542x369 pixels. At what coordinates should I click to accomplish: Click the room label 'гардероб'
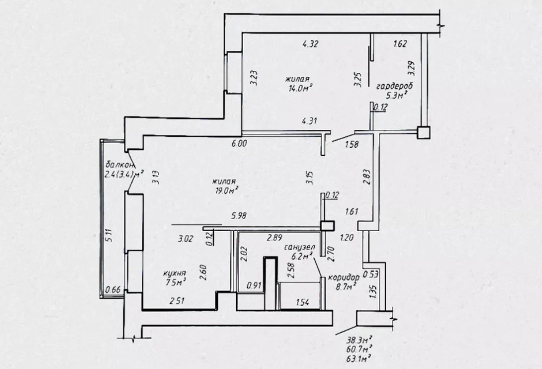click(394, 86)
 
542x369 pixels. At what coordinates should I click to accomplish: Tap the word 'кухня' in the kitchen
click(174, 273)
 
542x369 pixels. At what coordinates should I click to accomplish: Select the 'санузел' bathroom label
click(299, 248)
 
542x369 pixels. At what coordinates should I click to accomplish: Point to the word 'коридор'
click(344, 278)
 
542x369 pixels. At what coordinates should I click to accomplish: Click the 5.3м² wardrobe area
click(395, 95)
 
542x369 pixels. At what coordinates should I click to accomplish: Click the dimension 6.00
click(239, 143)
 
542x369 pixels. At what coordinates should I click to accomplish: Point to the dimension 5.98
click(239, 216)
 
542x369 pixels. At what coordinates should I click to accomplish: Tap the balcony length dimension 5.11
click(109, 236)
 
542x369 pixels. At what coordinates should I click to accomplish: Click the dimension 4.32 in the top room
click(310, 44)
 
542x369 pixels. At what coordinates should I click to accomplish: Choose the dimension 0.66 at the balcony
click(114, 289)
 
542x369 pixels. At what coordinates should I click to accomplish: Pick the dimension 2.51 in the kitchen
click(177, 301)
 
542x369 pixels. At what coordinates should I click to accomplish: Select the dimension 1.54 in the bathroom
click(302, 302)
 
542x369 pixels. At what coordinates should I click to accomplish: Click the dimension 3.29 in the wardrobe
click(411, 69)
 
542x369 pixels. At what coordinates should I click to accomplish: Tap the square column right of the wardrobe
click(423, 133)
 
